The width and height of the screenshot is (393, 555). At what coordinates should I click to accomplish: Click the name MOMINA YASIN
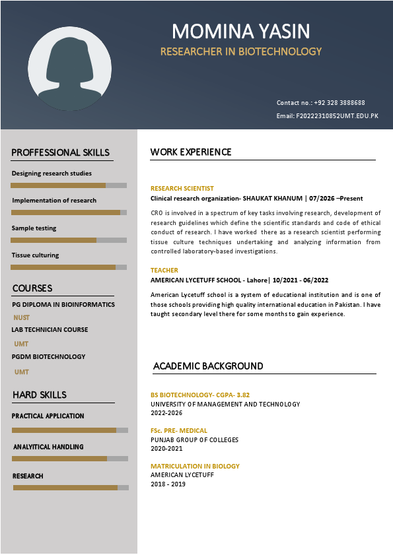tap(240, 31)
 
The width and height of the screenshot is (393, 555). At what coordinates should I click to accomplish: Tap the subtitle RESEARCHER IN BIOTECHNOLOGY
tap(240, 51)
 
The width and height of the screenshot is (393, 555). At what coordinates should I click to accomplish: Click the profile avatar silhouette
tap(69, 68)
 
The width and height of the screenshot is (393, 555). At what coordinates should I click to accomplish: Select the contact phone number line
tap(320, 103)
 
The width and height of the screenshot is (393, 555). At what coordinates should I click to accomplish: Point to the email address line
tap(327, 116)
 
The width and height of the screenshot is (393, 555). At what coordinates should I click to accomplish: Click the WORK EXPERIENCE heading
tap(191, 152)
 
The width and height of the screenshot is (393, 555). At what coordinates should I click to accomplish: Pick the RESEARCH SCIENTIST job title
tap(182, 188)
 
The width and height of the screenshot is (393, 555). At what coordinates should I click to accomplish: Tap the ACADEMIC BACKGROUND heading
tap(208, 366)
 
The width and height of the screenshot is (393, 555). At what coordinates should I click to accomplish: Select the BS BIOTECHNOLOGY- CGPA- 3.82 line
tap(200, 395)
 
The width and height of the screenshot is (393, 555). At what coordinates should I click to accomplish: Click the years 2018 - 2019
tap(168, 484)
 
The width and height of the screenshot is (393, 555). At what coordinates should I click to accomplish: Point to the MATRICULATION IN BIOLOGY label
tap(195, 466)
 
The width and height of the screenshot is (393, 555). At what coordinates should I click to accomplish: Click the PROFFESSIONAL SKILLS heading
tap(60, 152)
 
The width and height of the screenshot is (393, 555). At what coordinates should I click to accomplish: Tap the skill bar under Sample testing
tap(69, 240)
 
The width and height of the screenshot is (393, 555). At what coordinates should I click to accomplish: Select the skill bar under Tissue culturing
tap(69, 267)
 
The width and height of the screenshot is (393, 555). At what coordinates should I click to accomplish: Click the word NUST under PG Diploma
tap(22, 317)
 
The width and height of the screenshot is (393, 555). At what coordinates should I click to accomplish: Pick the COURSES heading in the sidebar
tap(32, 288)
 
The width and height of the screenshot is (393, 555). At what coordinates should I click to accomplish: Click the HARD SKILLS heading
tap(39, 395)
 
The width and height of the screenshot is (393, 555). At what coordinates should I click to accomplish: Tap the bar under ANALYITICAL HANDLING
tap(70, 458)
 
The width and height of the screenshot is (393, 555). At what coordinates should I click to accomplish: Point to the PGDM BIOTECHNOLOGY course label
tap(48, 356)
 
